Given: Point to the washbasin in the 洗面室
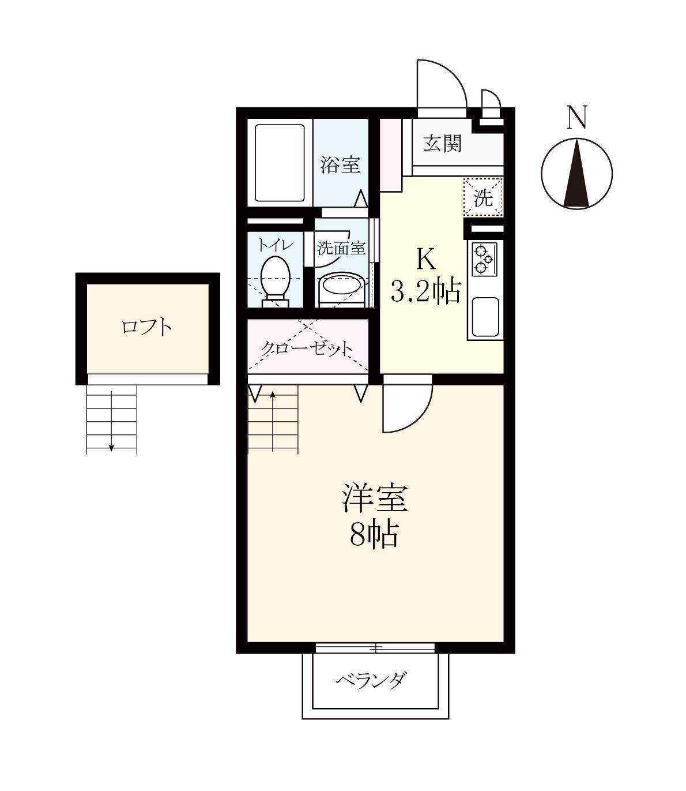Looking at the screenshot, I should click(x=341, y=285).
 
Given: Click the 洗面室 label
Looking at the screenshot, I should click(x=342, y=248).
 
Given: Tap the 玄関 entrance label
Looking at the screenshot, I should click(x=442, y=143).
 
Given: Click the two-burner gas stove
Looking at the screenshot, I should click(x=483, y=260).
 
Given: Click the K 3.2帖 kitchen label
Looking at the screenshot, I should click(x=426, y=277).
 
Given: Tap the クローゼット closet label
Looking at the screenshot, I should click(x=307, y=348).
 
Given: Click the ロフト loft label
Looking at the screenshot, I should click(x=147, y=327).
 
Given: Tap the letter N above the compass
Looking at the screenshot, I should click(x=576, y=117).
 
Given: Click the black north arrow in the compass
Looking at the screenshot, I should click(x=576, y=175).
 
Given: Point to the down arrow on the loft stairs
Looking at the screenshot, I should click(x=111, y=445).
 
